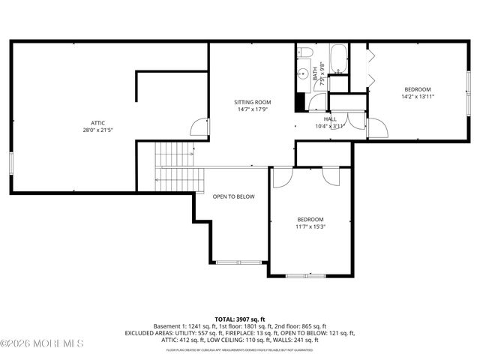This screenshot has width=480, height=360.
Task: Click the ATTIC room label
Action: click(x=98, y=123)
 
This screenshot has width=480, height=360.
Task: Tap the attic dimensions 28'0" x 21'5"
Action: click(x=98, y=130)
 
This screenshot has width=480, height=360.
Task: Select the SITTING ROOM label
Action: click(x=252, y=102)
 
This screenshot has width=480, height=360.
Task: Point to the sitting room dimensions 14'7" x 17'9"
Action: click(x=252, y=109)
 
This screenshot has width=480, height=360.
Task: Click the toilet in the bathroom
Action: click(x=304, y=52)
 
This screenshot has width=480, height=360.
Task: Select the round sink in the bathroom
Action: click(x=304, y=73)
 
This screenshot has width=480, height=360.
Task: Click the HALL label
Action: click(x=330, y=118)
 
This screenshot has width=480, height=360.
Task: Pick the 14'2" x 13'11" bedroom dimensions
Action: click(x=418, y=96)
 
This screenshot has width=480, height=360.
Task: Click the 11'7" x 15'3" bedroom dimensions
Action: click(x=310, y=226)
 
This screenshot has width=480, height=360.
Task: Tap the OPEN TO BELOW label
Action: click(x=234, y=196)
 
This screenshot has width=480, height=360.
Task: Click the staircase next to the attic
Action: click(x=178, y=167)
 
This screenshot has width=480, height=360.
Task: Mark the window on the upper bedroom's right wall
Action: click(x=469, y=82)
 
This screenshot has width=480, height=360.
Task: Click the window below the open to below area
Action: click(x=238, y=262)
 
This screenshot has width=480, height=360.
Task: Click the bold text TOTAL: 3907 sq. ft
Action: click(x=240, y=319)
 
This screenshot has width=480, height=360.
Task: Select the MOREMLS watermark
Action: click(x=42, y=343)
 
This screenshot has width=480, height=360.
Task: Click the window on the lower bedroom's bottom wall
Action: click(x=306, y=275)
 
